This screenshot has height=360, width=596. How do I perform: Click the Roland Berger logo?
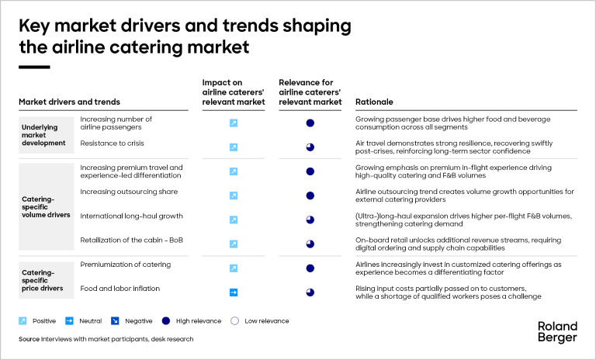(x=557, y=331)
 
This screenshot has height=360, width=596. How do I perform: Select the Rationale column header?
(x=374, y=102)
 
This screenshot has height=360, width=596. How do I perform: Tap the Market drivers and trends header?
(x=69, y=102)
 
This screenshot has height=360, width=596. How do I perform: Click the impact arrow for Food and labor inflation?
(x=233, y=292)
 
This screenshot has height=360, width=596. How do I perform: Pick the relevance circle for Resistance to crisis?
(x=310, y=147)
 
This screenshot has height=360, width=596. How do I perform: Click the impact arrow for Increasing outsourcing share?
(x=233, y=196)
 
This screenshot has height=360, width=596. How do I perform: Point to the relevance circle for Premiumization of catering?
(x=310, y=268)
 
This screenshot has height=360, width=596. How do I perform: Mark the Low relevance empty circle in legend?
(x=234, y=320)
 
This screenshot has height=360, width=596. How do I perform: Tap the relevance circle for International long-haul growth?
(x=310, y=220)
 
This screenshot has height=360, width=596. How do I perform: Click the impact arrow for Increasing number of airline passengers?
(x=233, y=123)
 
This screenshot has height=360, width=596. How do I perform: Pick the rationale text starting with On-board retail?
(x=454, y=244)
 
